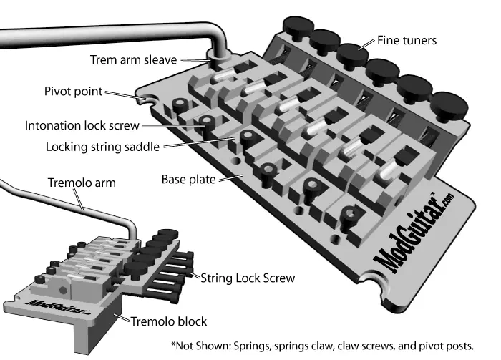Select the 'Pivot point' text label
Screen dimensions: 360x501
(x=73, y=92)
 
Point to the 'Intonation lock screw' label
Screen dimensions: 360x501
(x=80, y=125)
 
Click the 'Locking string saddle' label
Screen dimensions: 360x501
(x=88, y=146)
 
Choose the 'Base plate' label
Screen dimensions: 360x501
(x=188, y=178)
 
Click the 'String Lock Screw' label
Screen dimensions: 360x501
(x=248, y=276)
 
